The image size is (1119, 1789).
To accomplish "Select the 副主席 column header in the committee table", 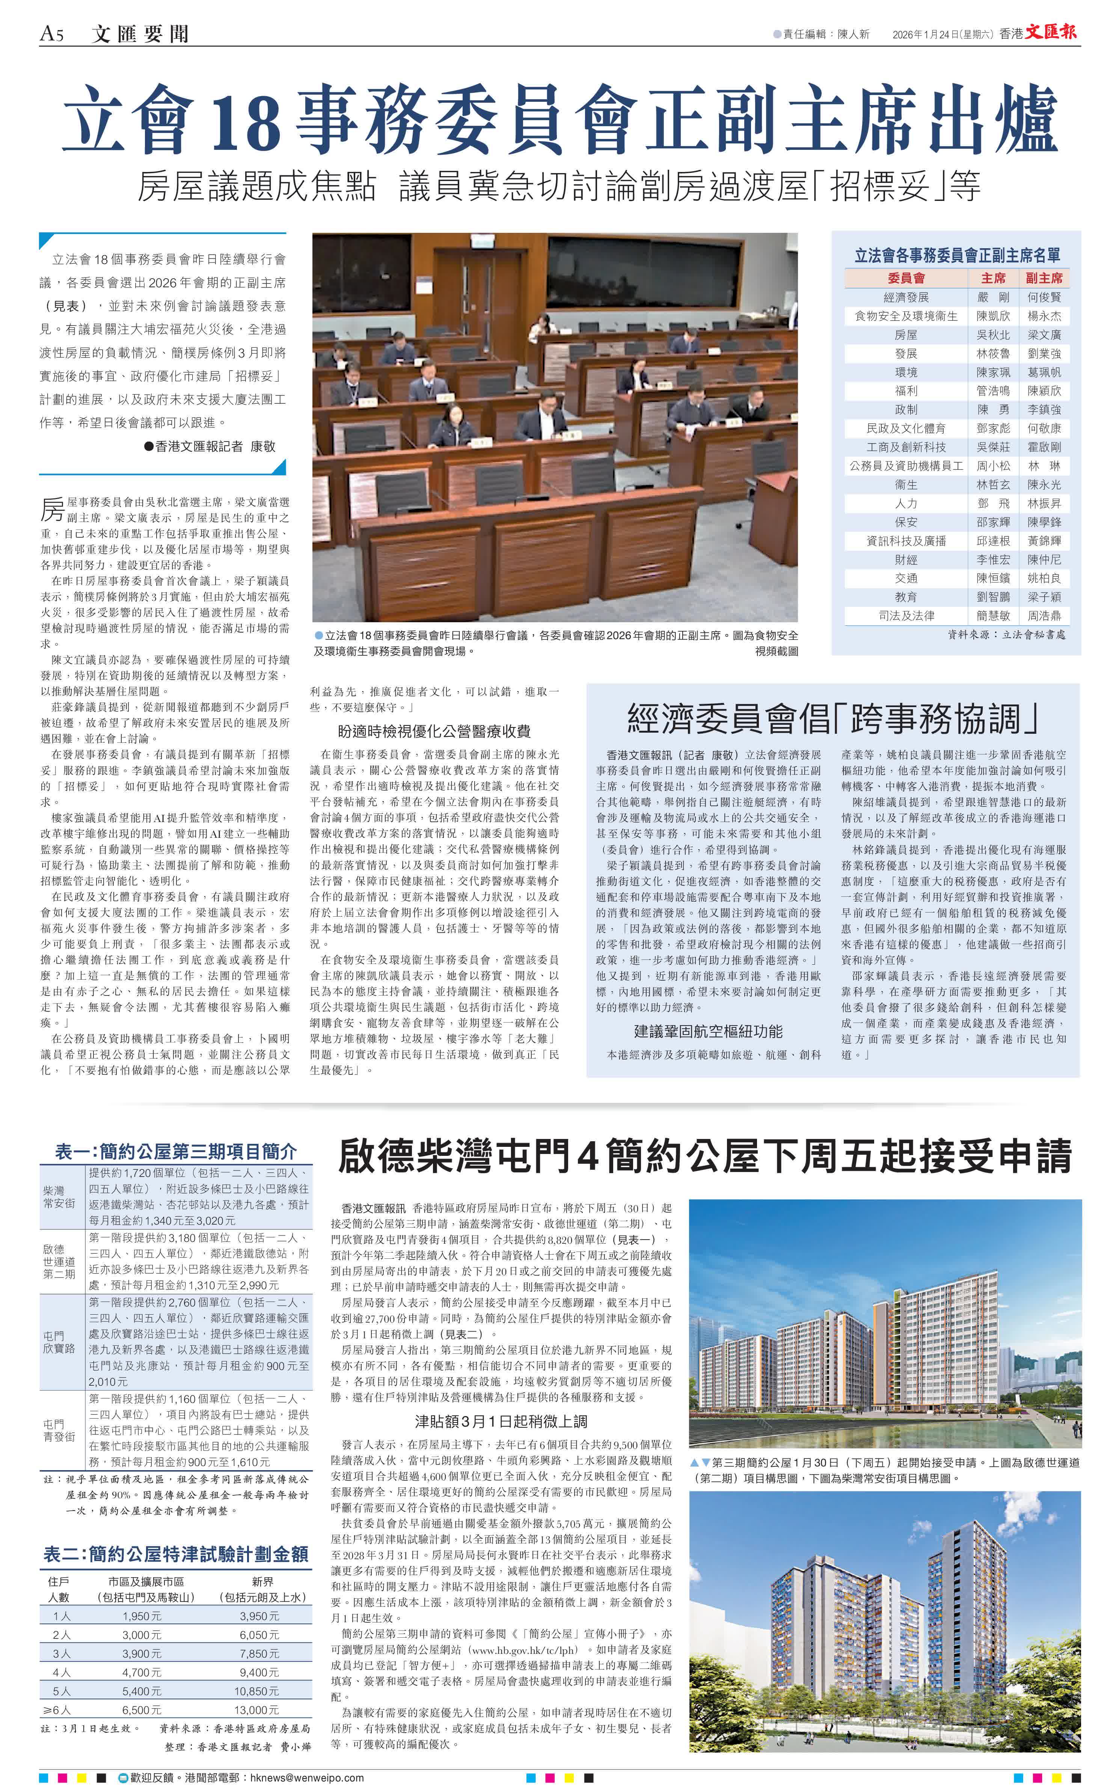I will (x=1044, y=278).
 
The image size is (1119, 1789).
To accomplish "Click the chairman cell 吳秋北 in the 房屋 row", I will (x=992, y=335).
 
